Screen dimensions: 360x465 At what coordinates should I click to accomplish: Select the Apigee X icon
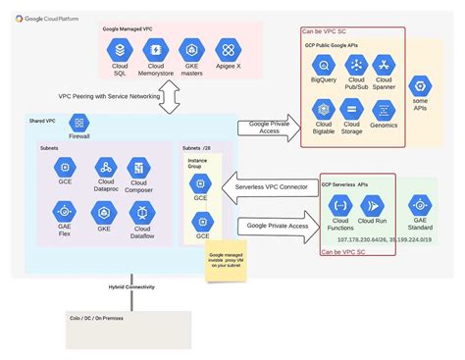[228, 48]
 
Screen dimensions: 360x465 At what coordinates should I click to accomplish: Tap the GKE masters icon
[192, 48]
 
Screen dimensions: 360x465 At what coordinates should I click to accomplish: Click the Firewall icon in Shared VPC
[79, 124]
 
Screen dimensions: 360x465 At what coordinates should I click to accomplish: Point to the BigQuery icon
[322, 63]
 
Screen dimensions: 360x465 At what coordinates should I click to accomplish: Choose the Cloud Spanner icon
[384, 63]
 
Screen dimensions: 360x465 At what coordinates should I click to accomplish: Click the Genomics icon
[384, 108]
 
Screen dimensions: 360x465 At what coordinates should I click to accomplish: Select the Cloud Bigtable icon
[322, 109]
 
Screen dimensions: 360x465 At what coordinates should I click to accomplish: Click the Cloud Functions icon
[340, 205]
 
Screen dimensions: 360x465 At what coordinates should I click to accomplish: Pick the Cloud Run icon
[377, 205]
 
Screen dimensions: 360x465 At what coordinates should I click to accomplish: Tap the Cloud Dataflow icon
[139, 210]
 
